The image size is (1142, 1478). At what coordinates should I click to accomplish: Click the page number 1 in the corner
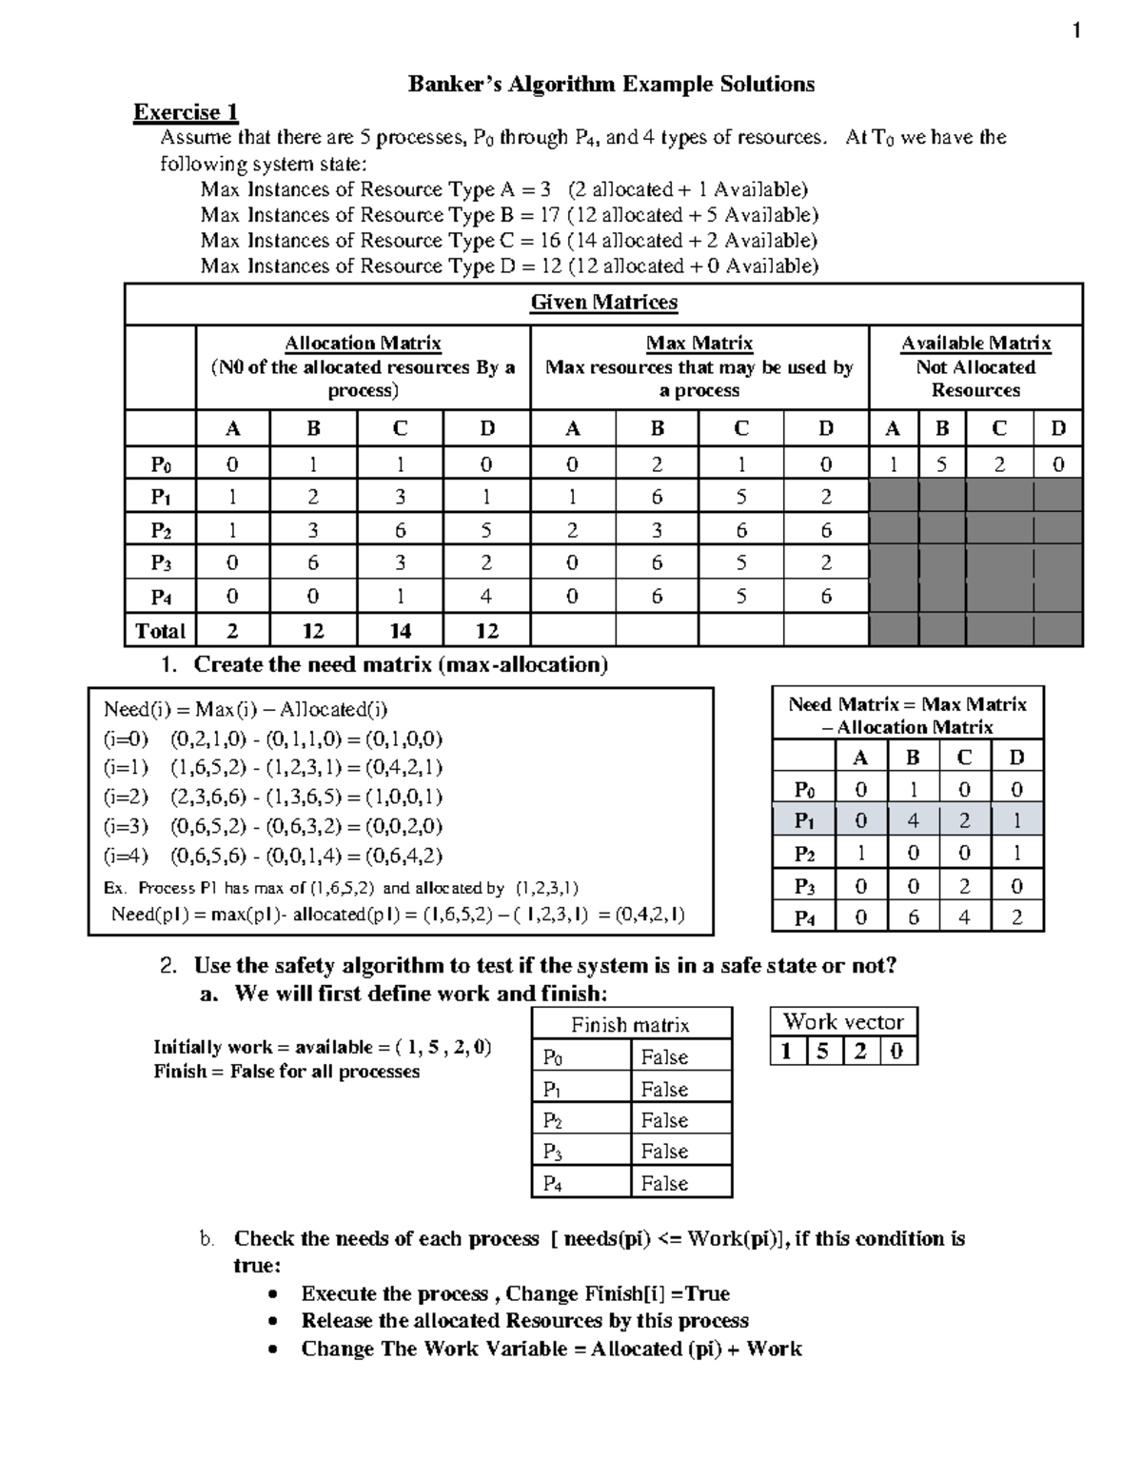point(1076,31)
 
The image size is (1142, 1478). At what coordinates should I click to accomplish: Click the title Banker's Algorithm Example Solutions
point(611,84)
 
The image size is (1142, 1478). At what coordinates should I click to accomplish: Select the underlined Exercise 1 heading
point(186,112)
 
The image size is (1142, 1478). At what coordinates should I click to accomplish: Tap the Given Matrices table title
point(603,303)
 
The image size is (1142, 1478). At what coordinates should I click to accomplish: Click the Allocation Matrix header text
point(363,344)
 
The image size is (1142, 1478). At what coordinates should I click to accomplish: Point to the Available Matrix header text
point(975,344)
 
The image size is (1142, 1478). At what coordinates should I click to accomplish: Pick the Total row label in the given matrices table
point(160,630)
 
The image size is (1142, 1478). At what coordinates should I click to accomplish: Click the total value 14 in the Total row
point(400,630)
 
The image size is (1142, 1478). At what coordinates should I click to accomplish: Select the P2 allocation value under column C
point(400,530)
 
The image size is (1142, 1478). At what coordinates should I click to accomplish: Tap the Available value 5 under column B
point(942,464)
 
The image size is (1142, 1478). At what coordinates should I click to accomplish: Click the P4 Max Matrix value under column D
point(825,597)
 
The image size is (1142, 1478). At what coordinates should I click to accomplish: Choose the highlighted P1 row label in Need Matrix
point(804,820)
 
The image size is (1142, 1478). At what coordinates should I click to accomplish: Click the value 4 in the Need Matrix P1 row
point(913,820)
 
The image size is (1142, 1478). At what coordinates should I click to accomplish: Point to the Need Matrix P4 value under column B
point(913,917)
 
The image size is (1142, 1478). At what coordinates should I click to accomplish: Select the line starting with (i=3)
point(273,826)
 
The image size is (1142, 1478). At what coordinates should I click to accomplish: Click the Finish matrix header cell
point(630,1025)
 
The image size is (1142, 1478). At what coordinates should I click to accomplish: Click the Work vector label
point(843,1022)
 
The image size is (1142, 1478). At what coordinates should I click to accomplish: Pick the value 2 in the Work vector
point(860,1052)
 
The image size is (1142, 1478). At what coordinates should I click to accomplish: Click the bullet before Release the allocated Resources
point(274,1322)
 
